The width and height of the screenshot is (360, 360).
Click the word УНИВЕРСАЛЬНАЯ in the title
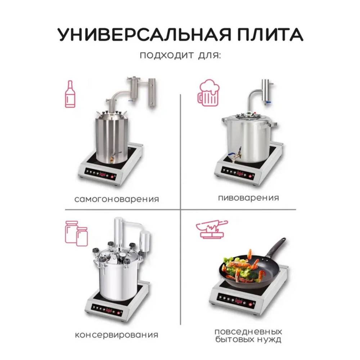click(141, 34)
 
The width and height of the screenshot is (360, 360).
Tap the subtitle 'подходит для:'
click(180, 56)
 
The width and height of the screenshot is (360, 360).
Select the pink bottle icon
click(69, 94)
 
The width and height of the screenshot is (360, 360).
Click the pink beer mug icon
click(209, 93)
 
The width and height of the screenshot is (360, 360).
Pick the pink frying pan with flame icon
click(212, 230)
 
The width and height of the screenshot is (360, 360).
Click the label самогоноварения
click(117, 199)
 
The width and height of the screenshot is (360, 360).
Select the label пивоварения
click(248, 198)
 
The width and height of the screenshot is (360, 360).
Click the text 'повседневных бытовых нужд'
click(248, 335)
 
